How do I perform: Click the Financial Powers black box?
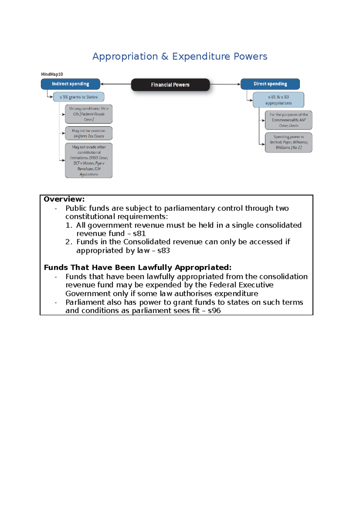click(170, 85)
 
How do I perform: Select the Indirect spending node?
click(70, 84)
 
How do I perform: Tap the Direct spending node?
click(270, 84)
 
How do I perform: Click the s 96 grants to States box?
click(79, 97)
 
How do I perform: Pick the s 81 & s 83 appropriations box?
click(278, 100)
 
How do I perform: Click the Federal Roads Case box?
click(89, 114)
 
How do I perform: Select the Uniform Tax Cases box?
click(89, 133)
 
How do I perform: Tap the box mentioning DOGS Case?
click(89, 160)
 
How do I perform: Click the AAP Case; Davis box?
click(289, 120)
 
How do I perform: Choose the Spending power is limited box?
click(289, 142)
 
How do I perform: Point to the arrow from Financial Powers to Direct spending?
click(225, 84)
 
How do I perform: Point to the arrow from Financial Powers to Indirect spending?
click(116, 84)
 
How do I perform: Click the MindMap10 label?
click(52, 74)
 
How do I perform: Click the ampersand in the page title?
click(165, 56)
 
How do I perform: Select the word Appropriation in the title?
click(125, 56)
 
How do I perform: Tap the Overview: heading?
click(64, 199)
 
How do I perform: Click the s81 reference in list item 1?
click(139, 234)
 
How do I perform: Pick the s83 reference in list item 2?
click(163, 251)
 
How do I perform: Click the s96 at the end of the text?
click(214, 311)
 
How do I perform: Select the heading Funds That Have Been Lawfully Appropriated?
click(138, 267)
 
